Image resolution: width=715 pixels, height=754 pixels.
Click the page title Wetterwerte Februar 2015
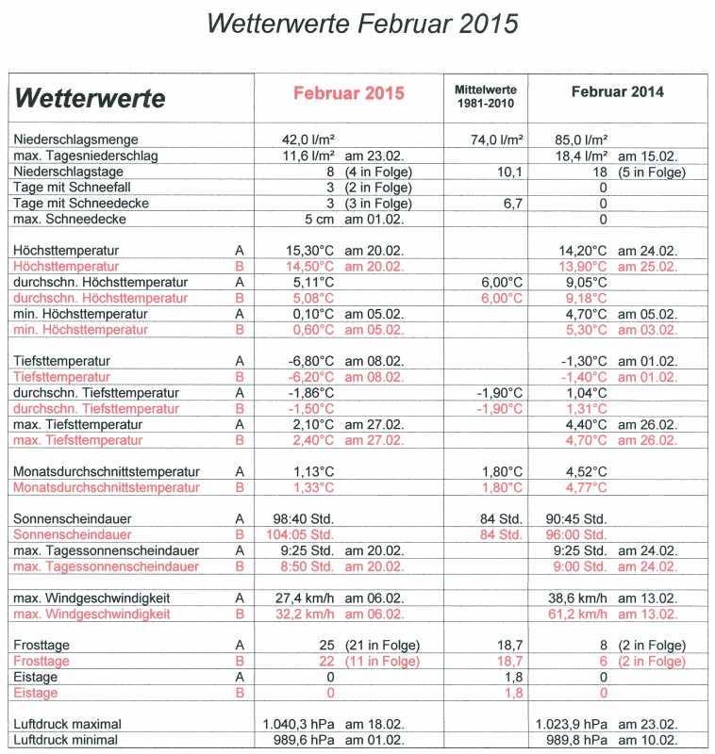click(x=362, y=23)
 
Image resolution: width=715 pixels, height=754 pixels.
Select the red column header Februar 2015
click(x=348, y=93)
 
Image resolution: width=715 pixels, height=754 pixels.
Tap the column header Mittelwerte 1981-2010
click(x=486, y=95)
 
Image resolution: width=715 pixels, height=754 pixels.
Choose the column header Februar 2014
click(x=617, y=91)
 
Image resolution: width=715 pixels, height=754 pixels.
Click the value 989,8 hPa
click(x=573, y=740)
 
